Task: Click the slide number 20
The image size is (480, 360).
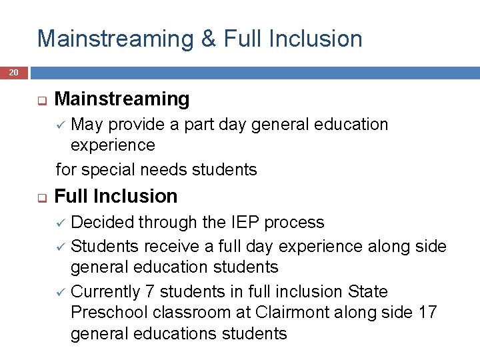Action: point(14,72)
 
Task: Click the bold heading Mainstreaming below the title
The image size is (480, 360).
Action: point(122,99)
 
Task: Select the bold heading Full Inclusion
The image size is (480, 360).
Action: point(116,196)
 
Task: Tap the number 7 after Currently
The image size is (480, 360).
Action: point(151,291)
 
